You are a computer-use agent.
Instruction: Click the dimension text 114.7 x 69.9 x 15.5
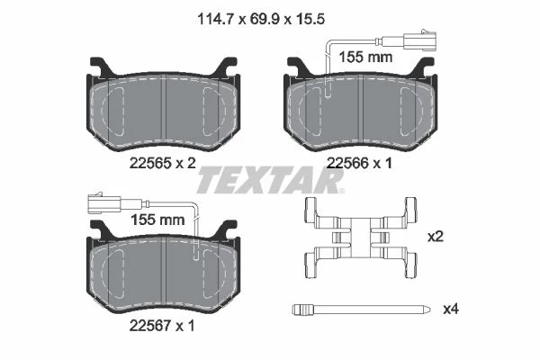click(x=261, y=19)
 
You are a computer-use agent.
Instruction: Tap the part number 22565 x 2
click(x=163, y=163)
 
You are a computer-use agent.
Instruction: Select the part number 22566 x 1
click(x=359, y=163)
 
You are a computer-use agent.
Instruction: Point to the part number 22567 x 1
click(x=162, y=325)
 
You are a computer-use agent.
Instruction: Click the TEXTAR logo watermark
click(x=270, y=180)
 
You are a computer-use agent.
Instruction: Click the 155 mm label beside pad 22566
click(x=365, y=58)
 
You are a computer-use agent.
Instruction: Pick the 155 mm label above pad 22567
click(x=157, y=220)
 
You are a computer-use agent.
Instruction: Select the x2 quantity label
click(x=435, y=237)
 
